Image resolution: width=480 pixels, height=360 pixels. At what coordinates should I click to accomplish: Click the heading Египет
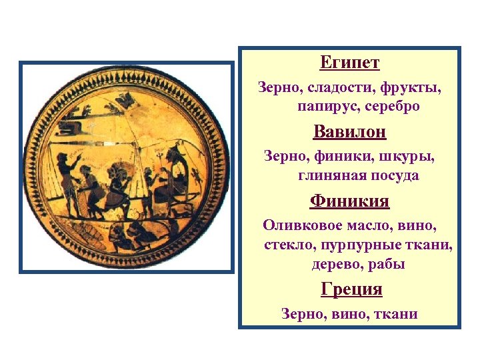point(349,63)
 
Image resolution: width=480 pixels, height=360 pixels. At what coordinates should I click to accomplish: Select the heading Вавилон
point(349,131)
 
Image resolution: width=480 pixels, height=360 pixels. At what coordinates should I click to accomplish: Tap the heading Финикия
point(349,200)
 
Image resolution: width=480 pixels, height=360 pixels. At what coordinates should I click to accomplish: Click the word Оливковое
point(298,225)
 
